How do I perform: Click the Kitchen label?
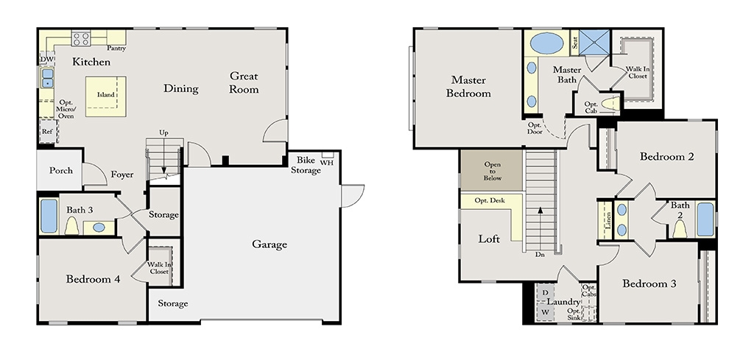tap(91, 62)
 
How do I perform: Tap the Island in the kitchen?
tap(106, 96)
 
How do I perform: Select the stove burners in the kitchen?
tap(81, 39)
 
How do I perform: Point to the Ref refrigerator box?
tap(48, 131)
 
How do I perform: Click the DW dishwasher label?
tap(46, 59)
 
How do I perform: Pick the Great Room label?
tap(244, 82)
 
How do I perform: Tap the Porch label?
tap(61, 171)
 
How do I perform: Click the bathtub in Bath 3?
tap(49, 216)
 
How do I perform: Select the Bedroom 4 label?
tap(93, 279)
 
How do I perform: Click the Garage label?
tap(269, 244)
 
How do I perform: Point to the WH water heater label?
tap(326, 163)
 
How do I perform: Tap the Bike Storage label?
tap(306, 165)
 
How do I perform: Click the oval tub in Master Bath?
tap(547, 43)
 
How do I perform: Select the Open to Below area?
tap(491, 170)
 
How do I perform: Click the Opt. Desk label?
tap(490, 200)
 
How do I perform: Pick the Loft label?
tap(489, 239)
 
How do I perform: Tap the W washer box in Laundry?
tap(545, 312)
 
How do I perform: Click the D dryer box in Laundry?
tap(545, 293)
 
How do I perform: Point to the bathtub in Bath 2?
tap(705, 219)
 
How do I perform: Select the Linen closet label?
tap(607, 219)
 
